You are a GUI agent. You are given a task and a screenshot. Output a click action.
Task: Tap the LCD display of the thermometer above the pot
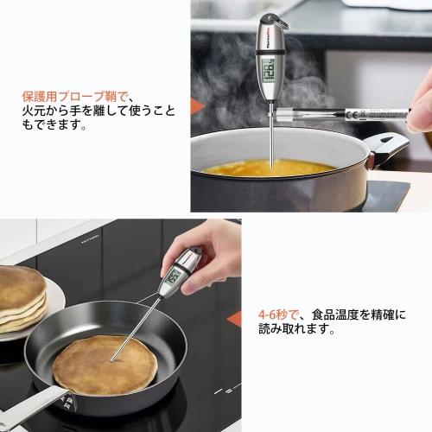269,67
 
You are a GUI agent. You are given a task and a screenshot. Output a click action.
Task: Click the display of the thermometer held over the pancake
173,276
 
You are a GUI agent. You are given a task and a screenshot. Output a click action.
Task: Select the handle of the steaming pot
384,144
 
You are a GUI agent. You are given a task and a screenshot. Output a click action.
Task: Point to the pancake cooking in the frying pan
105,364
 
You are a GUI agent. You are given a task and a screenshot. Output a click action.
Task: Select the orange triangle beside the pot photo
198,107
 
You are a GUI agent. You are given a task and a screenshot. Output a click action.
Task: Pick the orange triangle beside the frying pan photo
234,318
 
